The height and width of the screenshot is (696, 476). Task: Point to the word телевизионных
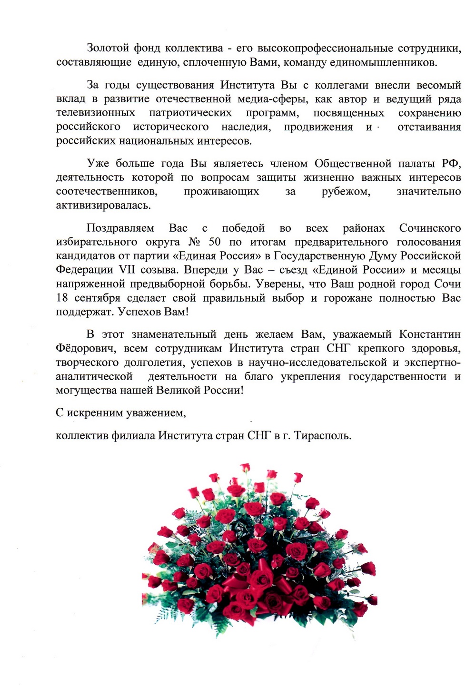pos(95,113)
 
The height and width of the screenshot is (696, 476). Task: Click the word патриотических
pos(190,113)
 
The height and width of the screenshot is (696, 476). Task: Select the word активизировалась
pos(103,206)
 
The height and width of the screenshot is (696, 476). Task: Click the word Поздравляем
pos(120,228)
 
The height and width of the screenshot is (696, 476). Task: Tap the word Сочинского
pos(430,228)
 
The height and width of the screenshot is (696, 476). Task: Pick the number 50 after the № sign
pos(215,242)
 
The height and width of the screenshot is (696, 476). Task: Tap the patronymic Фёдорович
pos(86,349)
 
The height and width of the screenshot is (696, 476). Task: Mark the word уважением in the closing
pos(156,413)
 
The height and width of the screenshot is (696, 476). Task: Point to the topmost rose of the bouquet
pos(245,467)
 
